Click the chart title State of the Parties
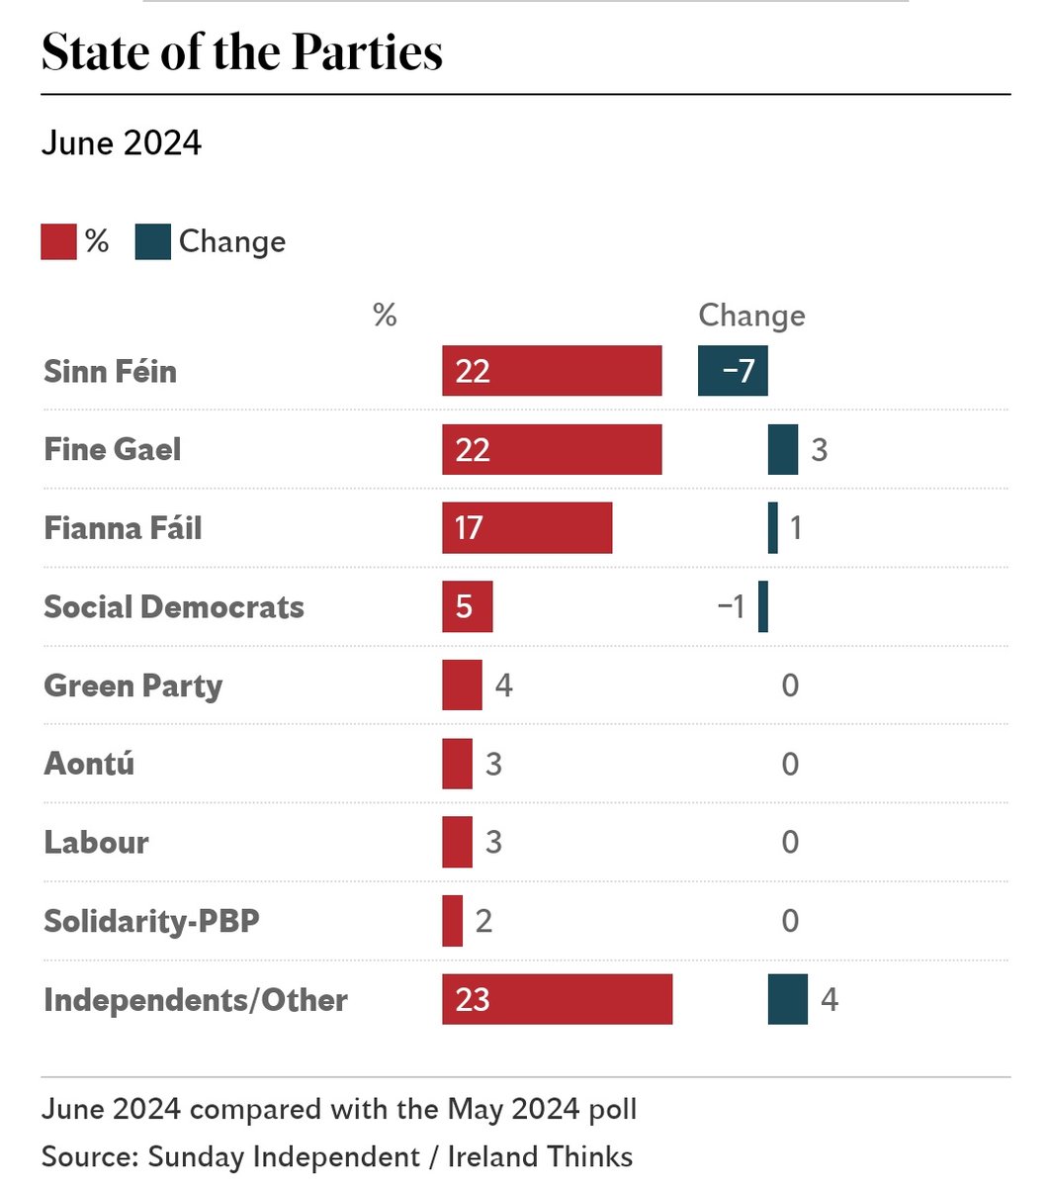(x=242, y=52)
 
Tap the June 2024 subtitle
(x=122, y=143)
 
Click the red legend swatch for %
(x=58, y=242)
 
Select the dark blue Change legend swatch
(x=152, y=242)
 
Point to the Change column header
(x=751, y=316)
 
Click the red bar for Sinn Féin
(x=552, y=371)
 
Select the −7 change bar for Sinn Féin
(x=733, y=371)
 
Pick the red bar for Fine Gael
(x=552, y=450)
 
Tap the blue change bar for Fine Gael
(x=783, y=450)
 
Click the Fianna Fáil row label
(x=123, y=528)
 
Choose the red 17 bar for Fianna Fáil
(x=527, y=528)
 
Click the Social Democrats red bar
(x=467, y=606)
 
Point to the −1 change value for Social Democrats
(x=732, y=606)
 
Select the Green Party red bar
(x=462, y=685)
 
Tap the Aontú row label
(x=89, y=764)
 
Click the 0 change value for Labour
(x=790, y=842)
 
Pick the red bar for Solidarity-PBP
(x=452, y=921)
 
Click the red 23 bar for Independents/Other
(x=557, y=999)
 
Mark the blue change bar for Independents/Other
(x=788, y=999)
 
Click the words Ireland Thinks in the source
(x=540, y=1156)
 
